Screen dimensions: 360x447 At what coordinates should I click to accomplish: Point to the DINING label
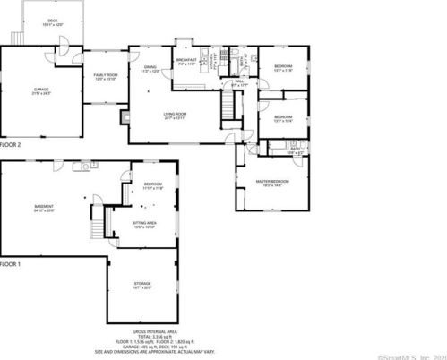pyautogui.click(x=150, y=68)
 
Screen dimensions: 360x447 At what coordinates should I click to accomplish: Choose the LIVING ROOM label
pyautogui.click(x=174, y=115)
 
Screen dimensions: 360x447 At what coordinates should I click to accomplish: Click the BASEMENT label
pyautogui.click(x=44, y=209)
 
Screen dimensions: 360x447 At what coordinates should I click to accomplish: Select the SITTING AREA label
pyautogui.click(x=145, y=225)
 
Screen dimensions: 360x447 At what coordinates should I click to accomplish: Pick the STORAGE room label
pyautogui.click(x=144, y=287)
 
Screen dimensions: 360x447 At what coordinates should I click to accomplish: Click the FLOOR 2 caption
pyautogui.click(x=11, y=143)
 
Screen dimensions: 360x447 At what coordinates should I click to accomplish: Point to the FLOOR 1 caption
pyautogui.click(x=11, y=265)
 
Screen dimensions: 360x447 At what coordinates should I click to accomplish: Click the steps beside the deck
pyautogui.click(x=15, y=38)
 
